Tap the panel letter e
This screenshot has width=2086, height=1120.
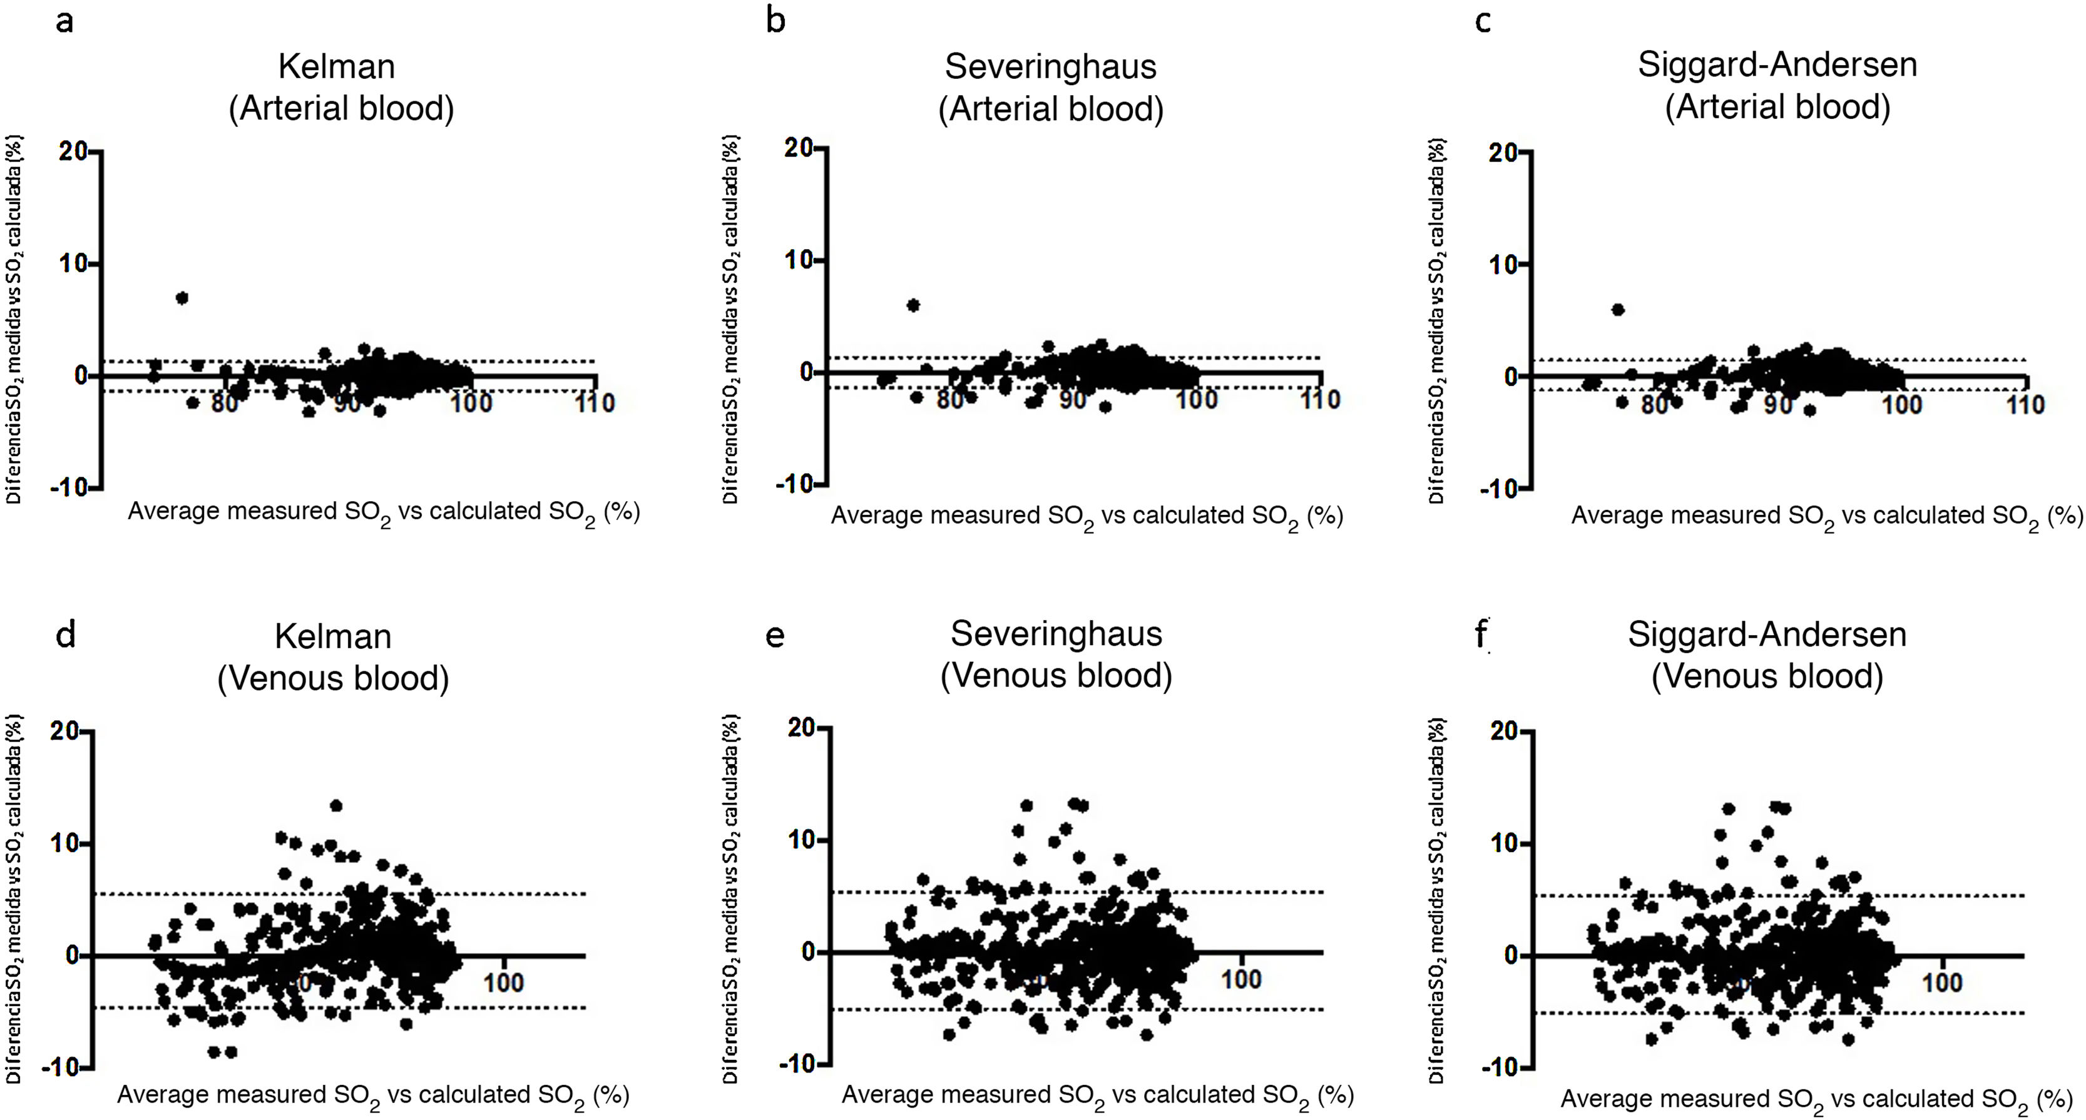[x=775, y=636]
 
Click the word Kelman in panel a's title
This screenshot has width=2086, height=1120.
[x=337, y=66]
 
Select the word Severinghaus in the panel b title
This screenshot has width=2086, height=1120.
[x=1050, y=66]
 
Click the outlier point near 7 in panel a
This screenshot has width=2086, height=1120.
[x=182, y=298]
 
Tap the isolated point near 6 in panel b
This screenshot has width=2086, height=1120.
[x=913, y=305]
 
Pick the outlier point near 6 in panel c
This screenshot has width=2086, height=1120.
[x=1618, y=309]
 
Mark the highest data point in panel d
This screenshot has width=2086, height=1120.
[x=336, y=805]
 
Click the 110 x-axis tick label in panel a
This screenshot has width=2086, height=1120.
[x=595, y=402]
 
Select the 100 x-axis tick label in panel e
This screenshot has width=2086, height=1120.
[x=1240, y=979]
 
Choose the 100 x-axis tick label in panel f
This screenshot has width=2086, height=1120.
[x=1942, y=983]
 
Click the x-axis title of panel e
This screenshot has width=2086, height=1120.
[x=1097, y=1096]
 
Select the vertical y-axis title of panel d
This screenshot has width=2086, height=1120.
[x=14, y=899]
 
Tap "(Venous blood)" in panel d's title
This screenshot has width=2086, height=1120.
[x=333, y=678]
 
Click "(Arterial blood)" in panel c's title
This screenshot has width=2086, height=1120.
[x=1777, y=107]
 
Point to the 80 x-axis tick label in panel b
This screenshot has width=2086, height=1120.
[x=951, y=399]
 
